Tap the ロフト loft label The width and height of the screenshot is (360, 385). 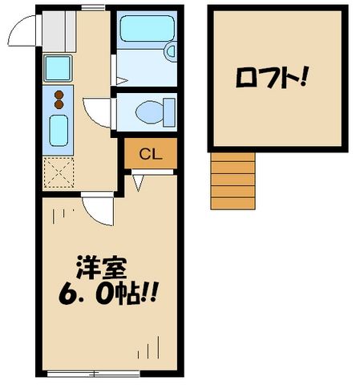click(273, 79)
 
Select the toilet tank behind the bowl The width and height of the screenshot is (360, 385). click(168, 111)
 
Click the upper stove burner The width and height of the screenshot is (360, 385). click(59, 95)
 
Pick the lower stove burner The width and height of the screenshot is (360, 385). click(59, 105)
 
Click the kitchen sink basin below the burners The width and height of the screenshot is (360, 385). click(59, 130)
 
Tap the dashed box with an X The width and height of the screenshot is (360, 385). click(59, 171)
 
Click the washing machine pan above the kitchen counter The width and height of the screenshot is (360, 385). click(59, 67)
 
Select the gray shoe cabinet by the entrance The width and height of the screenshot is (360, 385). click(57, 30)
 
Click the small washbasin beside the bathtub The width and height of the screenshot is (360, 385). click(171, 50)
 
